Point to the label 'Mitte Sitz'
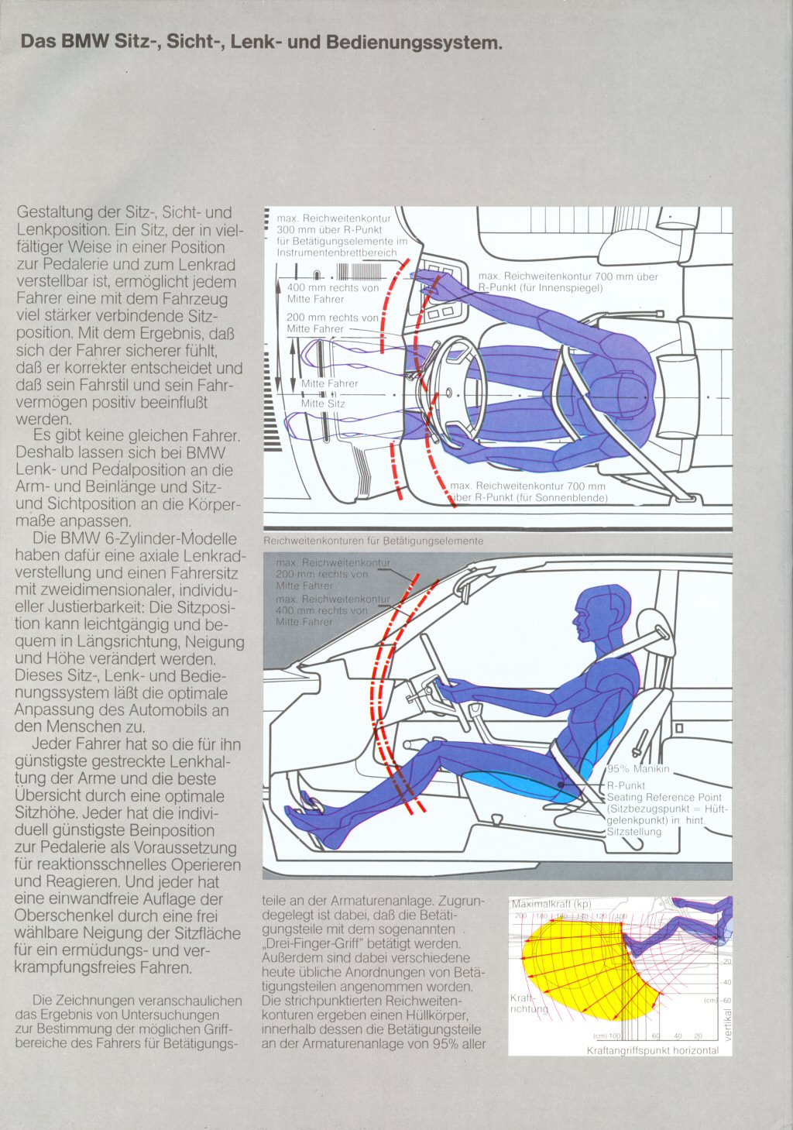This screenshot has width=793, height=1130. [323, 404]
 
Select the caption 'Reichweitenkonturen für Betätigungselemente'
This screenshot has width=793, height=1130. [373, 541]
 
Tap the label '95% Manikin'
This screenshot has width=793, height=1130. [638, 769]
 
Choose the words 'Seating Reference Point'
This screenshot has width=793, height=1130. [664, 797]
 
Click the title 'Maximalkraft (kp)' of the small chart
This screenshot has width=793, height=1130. [551, 904]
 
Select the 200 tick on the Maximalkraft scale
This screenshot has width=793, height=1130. [520, 916]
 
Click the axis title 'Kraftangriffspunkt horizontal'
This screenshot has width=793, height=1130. [652, 1050]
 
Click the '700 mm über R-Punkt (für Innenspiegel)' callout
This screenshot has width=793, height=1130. [568, 282]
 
